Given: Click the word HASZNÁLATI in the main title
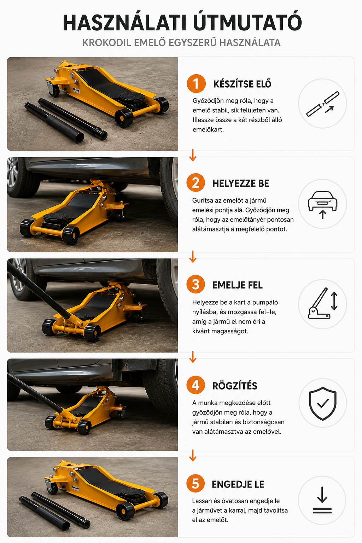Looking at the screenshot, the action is click(125, 23).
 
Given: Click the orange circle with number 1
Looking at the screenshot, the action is click(196, 84).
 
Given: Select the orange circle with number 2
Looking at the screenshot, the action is click(195, 183).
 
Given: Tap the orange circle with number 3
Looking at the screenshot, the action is click(195, 284).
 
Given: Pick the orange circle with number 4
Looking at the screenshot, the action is click(195, 385).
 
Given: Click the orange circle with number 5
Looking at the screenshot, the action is click(195, 483).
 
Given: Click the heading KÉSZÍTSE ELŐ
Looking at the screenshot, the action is click(242, 84).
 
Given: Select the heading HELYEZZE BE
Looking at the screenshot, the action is click(240, 183).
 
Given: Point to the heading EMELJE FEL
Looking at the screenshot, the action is click(237, 285).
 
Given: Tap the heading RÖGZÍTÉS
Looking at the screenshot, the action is click(235, 386).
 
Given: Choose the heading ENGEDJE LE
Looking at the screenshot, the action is click(238, 484).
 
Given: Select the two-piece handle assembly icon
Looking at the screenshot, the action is click(323, 104).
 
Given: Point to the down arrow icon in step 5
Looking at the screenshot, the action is click(322, 500).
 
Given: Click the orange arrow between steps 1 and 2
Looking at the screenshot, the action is click(193, 155).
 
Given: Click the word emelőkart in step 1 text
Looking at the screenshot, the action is click(208, 129).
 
